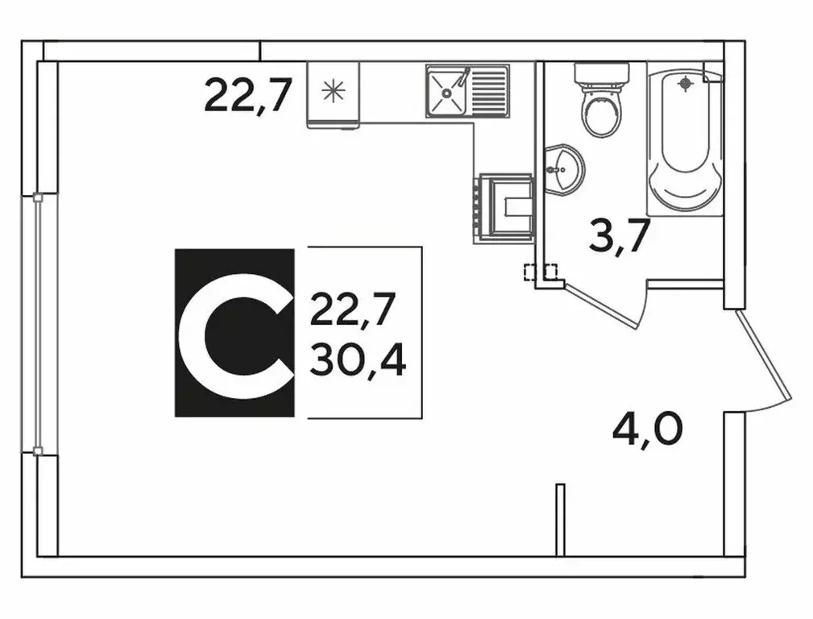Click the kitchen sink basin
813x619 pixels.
(x=446, y=92)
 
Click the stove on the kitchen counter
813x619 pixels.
(x=503, y=209)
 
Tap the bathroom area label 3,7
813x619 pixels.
(x=619, y=236)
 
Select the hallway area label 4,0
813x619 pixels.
(x=648, y=429)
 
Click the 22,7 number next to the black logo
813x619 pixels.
(x=353, y=309)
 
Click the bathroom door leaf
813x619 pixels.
(x=600, y=306)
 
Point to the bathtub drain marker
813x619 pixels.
(x=686, y=83)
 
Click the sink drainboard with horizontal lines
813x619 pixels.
(x=487, y=91)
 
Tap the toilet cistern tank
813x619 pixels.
(x=601, y=73)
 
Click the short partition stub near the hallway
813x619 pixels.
(x=560, y=520)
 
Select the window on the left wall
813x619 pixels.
(x=37, y=324)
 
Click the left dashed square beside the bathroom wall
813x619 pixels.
(x=531, y=272)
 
